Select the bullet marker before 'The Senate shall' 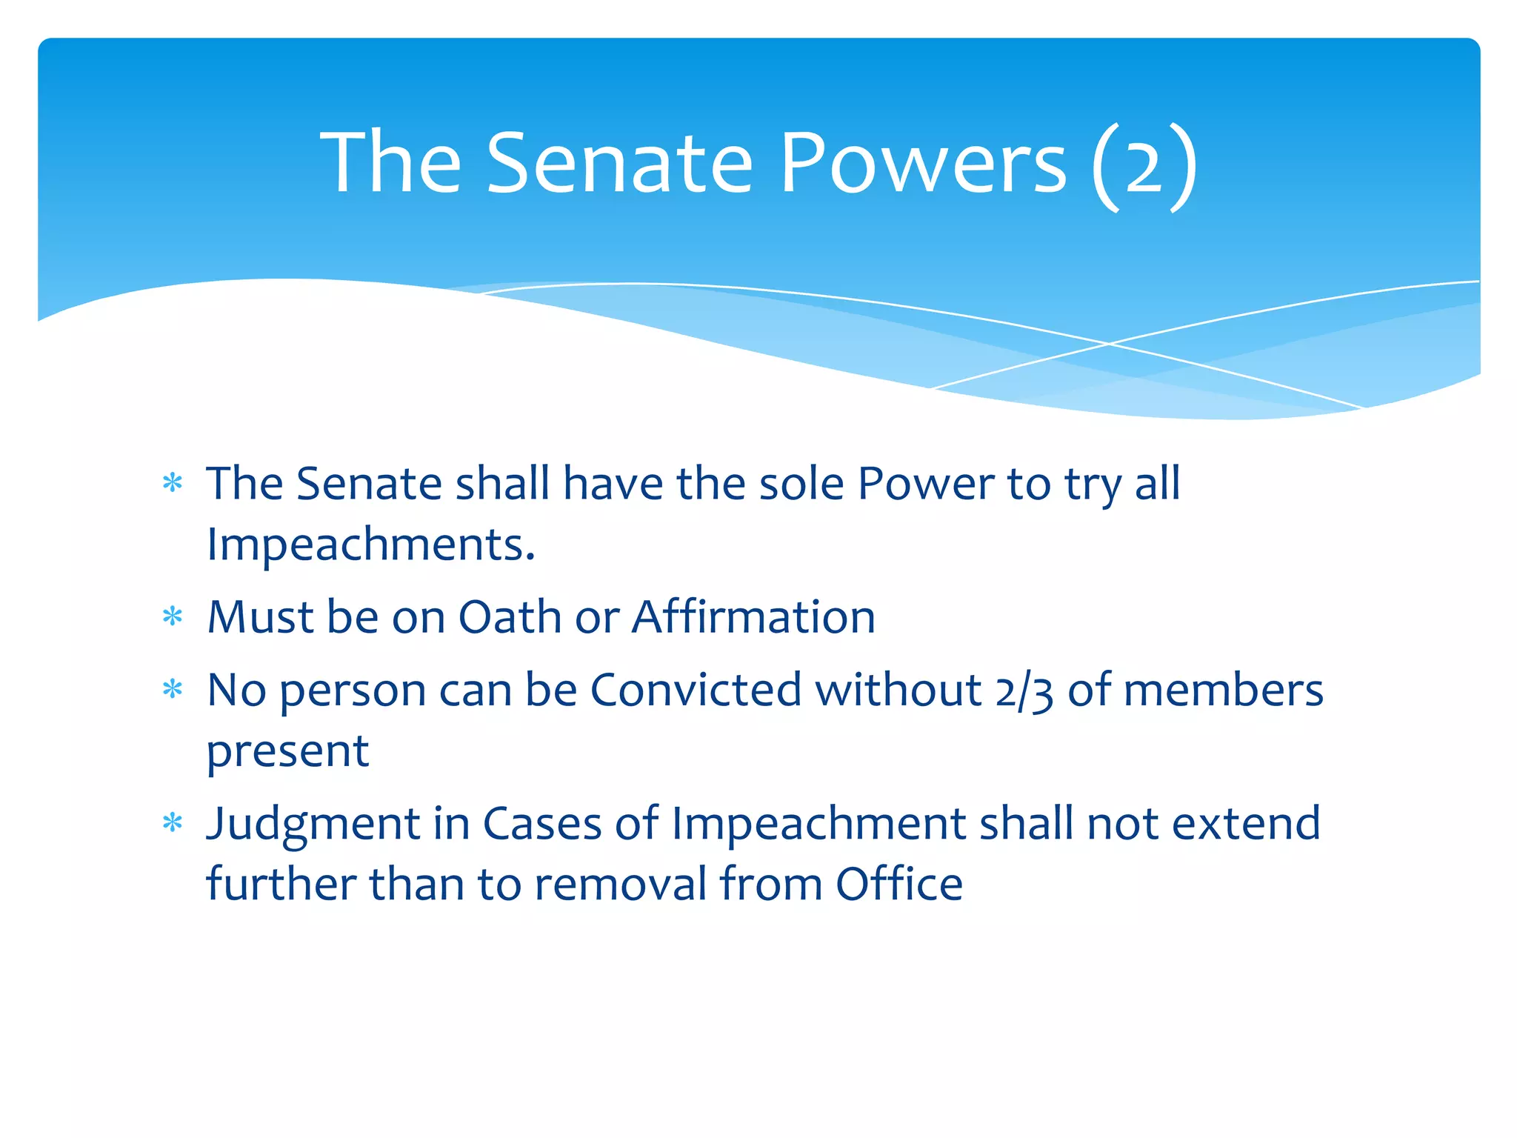[173, 484]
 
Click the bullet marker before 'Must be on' [173, 616]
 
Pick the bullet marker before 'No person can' [173, 690]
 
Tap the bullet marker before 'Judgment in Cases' [173, 822]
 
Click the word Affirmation [753, 617]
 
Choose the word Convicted [696, 691]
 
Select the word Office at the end [899, 884]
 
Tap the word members [1223, 691]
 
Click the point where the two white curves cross [1109, 344]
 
